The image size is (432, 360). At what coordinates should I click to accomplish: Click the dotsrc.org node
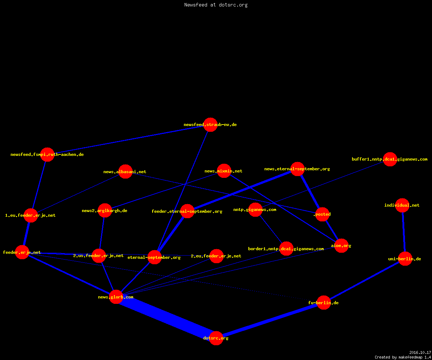tap(216, 338)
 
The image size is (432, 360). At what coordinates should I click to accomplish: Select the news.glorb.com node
tap(116, 297)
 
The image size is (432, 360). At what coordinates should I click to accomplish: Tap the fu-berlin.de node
tap(324, 302)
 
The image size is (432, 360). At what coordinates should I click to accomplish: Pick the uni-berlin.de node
tap(405, 258)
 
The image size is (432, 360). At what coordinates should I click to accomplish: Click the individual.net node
tap(402, 205)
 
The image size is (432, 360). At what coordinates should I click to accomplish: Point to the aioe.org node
tap(341, 246)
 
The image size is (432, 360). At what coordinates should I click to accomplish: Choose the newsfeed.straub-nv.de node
tap(210, 125)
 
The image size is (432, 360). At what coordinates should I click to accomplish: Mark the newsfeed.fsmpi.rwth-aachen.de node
tap(48, 154)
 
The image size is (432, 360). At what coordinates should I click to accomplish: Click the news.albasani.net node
tap(125, 171)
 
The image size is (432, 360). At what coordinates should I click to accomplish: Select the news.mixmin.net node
tap(224, 171)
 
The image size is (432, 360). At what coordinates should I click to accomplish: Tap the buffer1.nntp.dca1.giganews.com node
tap(390, 159)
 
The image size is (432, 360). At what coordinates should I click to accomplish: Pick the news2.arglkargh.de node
tap(105, 210)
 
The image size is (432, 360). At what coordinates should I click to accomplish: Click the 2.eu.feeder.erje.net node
tap(216, 256)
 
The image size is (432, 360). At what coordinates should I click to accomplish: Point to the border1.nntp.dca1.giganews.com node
tap(286, 248)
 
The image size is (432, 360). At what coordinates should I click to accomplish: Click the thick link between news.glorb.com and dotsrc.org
tap(166, 318)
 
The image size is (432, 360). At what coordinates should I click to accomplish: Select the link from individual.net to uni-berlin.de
tap(404, 232)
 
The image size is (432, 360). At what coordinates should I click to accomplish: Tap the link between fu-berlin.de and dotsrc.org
tap(270, 320)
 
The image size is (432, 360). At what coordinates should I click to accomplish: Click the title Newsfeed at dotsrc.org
tap(216, 5)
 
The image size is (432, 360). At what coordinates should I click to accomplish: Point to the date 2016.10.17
tap(420, 352)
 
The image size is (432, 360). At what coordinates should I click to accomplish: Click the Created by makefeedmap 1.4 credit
tap(403, 357)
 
